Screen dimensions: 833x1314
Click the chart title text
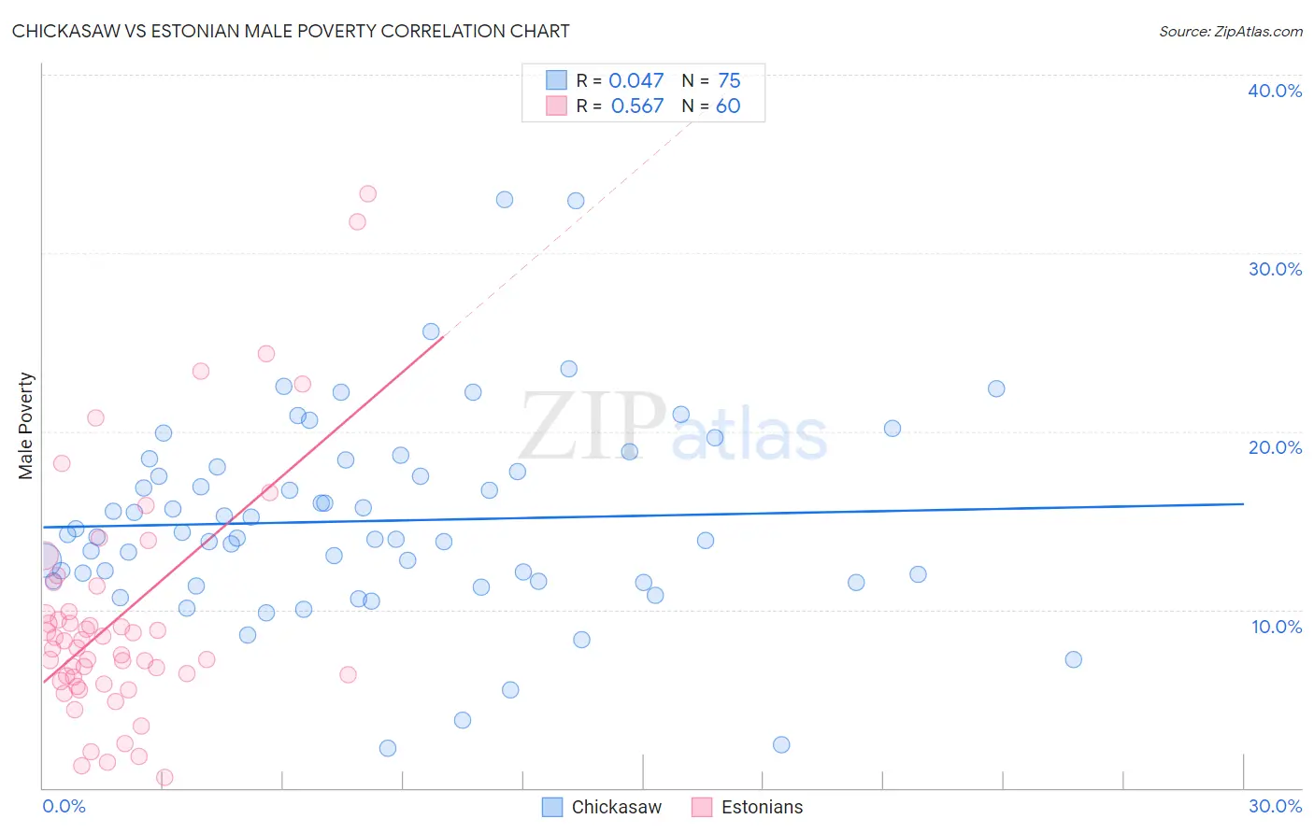pyautogui.click(x=291, y=31)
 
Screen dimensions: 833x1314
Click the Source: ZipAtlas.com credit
pyautogui.click(x=1230, y=32)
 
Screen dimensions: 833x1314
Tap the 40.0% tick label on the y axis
pyautogui.click(x=1274, y=91)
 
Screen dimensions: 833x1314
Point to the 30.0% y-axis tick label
pyautogui.click(x=1274, y=269)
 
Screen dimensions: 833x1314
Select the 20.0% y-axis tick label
pyautogui.click(x=1274, y=447)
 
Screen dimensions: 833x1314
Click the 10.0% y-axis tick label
pyautogui.click(x=1276, y=627)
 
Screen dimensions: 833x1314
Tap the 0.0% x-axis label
pyautogui.click(x=64, y=806)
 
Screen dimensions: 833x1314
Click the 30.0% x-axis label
pyautogui.click(x=1275, y=806)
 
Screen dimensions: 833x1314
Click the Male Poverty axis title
pyautogui.click(x=26, y=426)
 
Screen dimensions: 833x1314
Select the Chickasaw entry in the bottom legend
pyautogui.click(x=616, y=807)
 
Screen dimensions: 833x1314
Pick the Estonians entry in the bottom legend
pyautogui.click(x=762, y=807)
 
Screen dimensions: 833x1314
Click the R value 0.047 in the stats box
pyautogui.click(x=636, y=81)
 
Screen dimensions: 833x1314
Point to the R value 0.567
pyautogui.click(x=636, y=106)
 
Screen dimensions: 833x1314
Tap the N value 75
pyautogui.click(x=729, y=81)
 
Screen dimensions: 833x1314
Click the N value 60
pyautogui.click(x=728, y=106)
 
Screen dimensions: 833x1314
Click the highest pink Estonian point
pyautogui.click(x=367, y=194)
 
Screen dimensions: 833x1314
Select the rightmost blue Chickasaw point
pyautogui.click(x=1073, y=659)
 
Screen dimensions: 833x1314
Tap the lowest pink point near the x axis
pyautogui.click(x=164, y=777)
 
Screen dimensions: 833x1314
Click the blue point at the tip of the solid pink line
pyautogui.click(x=431, y=332)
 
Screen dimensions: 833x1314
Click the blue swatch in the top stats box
pyautogui.click(x=556, y=80)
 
